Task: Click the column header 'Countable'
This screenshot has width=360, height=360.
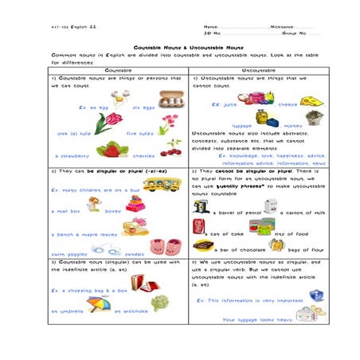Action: (116, 70)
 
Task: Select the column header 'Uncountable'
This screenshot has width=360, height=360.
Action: (256, 70)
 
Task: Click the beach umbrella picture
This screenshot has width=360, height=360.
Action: (98, 303)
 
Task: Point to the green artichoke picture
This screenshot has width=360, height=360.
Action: (160, 302)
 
